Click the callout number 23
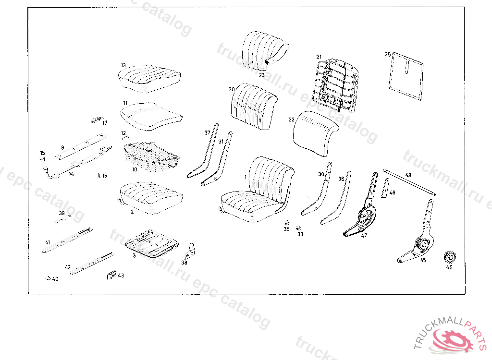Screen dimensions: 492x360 (262, 75)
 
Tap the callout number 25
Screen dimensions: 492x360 (387, 55)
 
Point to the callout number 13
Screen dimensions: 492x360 (123, 65)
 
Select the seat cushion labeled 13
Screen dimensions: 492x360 (150, 77)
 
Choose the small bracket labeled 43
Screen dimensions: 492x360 (111, 275)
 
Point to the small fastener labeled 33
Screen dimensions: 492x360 (298, 228)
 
